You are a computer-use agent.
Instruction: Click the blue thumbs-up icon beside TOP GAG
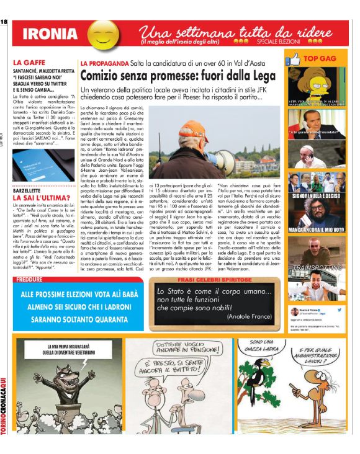(293, 59)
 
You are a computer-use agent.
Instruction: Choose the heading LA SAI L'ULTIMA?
(38, 195)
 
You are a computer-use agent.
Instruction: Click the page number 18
(4, 22)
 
